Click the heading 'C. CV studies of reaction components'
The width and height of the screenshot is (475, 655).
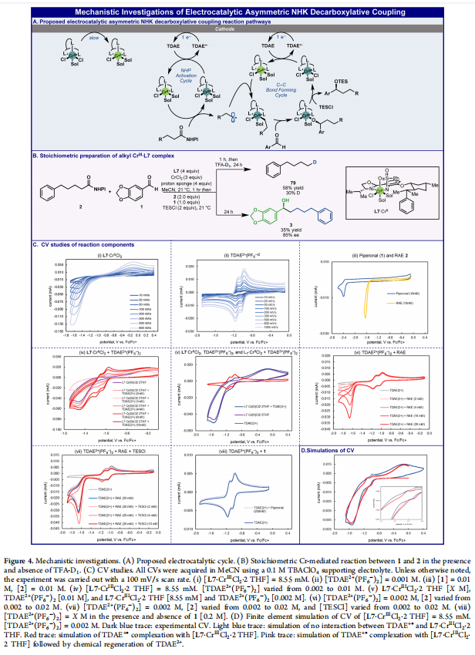click(79, 246)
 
